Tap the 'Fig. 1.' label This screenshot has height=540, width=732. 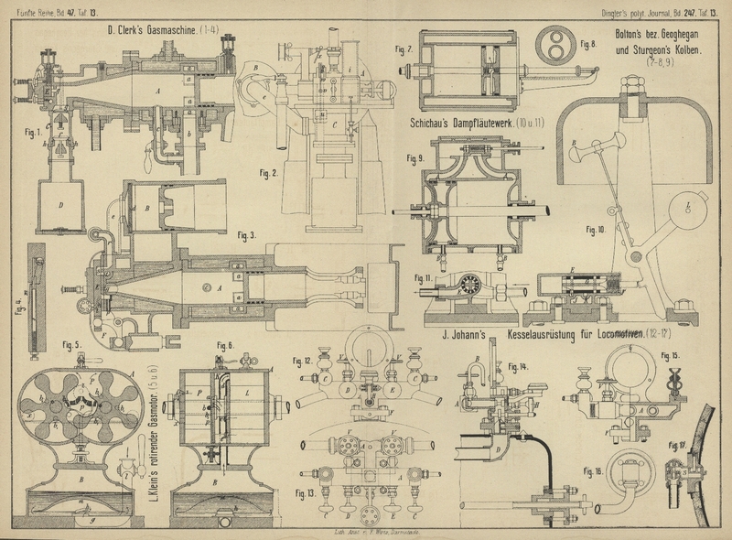pos(35,130)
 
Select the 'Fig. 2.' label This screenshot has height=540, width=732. pos(268,171)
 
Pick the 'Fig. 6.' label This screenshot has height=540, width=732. pos(224,345)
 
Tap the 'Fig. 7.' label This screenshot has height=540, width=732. pos(404,49)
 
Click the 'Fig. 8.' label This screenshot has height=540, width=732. pos(587,43)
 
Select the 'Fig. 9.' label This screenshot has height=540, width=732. pos(414,158)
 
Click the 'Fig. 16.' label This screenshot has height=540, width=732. pos(595,472)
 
